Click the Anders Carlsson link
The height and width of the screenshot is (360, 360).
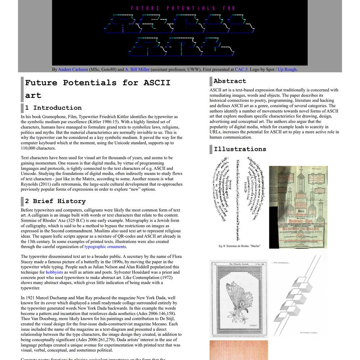pos(73,69)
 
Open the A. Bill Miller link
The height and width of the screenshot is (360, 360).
pos(137,69)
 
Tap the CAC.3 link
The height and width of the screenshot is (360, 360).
pos(241,69)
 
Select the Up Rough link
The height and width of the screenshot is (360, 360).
pos(287,69)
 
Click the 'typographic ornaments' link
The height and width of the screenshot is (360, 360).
pos(105,247)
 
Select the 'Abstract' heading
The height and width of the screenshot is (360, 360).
pos(230,81)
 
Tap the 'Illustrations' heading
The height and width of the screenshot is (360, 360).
pos(240,149)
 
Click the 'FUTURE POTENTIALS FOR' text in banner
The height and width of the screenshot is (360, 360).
pos(183,8)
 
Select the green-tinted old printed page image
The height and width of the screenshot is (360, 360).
pos(298,207)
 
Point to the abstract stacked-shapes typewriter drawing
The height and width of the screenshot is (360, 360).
pos(298,295)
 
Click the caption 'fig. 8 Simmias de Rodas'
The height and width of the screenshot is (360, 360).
pos(239,246)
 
